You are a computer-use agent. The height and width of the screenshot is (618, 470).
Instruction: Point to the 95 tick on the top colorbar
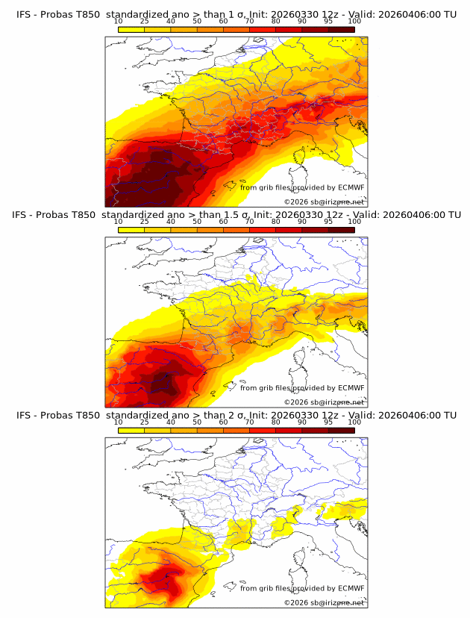pyautogui.click(x=328, y=21)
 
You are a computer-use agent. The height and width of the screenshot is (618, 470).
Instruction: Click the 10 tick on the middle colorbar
pyautogui.click(x=118, y=222)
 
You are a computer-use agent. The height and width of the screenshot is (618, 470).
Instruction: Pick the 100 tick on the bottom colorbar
pyautogui.click(x=354, y=422)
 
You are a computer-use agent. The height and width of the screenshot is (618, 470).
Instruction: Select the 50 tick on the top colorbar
pyautogui.click(x=197, y=21)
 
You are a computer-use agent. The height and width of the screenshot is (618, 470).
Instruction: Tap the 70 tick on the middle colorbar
pyautogui.click(x=249, y=222)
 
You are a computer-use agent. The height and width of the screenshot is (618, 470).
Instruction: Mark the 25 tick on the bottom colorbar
pyautogui.click(x=144, y=422)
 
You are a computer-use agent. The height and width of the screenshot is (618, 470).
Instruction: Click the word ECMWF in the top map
pyautogui.click(x=351, y=187)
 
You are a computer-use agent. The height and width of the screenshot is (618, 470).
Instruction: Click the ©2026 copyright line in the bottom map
pyautogui.click(x=324, y=602)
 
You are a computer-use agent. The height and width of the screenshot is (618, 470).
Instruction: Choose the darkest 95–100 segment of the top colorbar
pyautogui.click(x=341, y=30)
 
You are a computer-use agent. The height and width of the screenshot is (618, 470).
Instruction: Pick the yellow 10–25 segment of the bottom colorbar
pyautogui.click(x=131, y=431)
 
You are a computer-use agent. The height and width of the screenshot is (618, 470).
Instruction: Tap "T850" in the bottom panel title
pyautogui.click(x=87, y=415)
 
